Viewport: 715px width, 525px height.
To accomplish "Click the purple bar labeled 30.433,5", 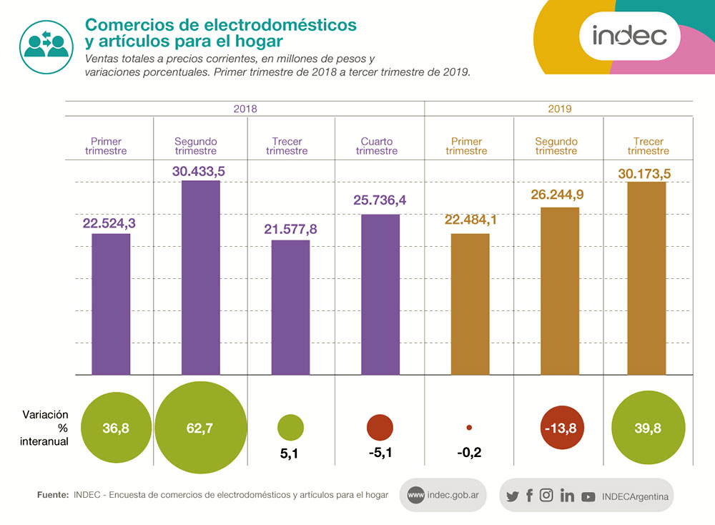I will click(200, 278).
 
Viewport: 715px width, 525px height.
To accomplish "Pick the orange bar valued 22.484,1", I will click(470, 303).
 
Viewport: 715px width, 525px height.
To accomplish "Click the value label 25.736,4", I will click(380, 201).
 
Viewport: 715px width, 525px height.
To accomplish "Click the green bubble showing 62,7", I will click(199, 428).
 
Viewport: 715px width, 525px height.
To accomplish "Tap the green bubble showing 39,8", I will click(646, 428).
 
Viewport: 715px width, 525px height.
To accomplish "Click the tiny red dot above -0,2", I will click(469, 428).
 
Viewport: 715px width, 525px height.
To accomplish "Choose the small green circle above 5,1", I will click(290, 428).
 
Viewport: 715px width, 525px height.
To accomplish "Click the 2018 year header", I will click(245, 109).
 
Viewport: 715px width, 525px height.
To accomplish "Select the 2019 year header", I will click(560, 109).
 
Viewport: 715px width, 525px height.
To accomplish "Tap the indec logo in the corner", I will click(629, 35).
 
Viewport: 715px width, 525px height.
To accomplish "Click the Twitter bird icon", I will click(512, 496).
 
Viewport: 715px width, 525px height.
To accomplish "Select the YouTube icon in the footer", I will click(588, 496).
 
